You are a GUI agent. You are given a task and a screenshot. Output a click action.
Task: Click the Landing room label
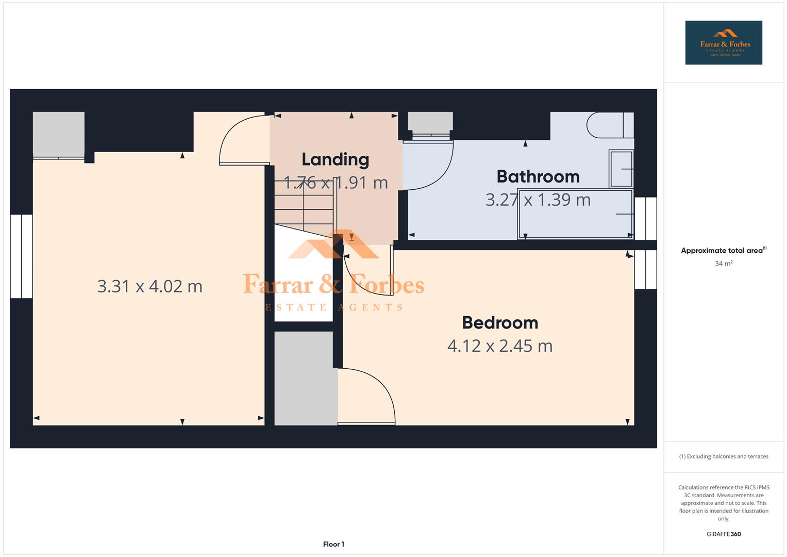pyautogui.click(x=335, y=160)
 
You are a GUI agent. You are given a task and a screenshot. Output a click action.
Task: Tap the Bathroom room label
pyautogui.click(x=538, y=177)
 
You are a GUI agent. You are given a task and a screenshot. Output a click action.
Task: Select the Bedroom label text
pyautogui.click(x=500, y=323)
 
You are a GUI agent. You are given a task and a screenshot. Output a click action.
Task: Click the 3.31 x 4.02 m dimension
pyautogui.click(x=149, y=286)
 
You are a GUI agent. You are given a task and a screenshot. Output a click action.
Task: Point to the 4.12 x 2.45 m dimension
pyautogui.click(x=499, y=346)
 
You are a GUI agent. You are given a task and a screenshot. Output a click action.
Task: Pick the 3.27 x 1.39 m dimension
pyautogui.click(x=538, y=200)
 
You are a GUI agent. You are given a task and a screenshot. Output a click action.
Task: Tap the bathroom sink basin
pyautogui.click(x=621, y=169)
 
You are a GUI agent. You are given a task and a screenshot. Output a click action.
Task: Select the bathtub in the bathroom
pyautogui.click(x=575, y=215)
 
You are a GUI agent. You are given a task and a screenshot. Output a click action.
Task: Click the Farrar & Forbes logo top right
pyautogui.click(x=723, y=42)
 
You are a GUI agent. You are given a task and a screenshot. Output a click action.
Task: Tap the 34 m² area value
pyautogui.click(x=723, y=264)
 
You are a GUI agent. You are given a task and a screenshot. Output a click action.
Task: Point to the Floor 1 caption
pyautogui.click(x=333, y=544)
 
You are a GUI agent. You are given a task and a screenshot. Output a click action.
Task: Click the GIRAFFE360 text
pyautogui.click(x=723, y=534)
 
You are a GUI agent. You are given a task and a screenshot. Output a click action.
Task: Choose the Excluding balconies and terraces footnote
pyautogui.click(x=723, y=456)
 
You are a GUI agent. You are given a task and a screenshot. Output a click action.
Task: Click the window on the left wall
pyautogui.click(x=21, y=256)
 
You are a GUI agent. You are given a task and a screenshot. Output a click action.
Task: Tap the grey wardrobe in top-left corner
pyautogui.click(x=58, y=134)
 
